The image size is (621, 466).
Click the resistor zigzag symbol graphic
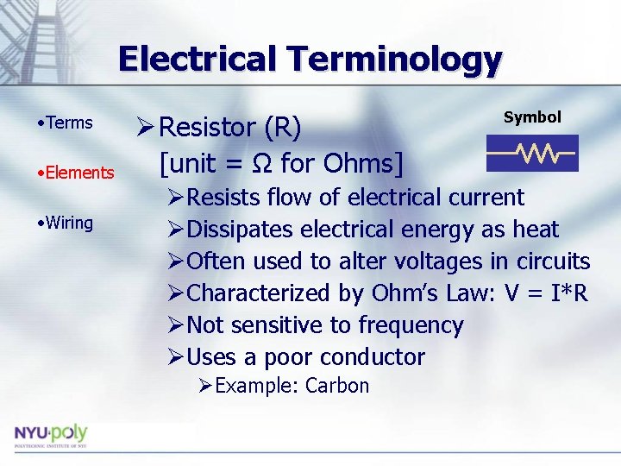click(x=531, y=154)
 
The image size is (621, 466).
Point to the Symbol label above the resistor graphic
click(x=532, y=117)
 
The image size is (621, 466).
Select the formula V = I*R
click(x=545, y=293)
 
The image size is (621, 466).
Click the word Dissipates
click(x=239, y=230)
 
